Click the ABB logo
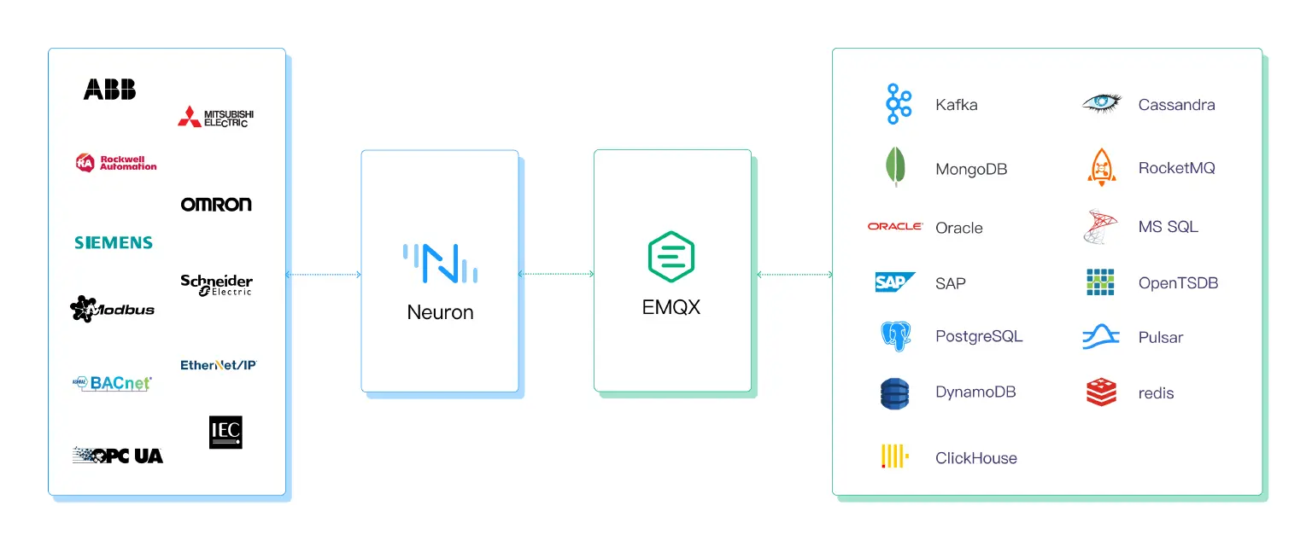tap(109, 89)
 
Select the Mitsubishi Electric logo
tap(215, 117)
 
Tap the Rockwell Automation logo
tap(116, 162)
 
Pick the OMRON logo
tap(216, 204)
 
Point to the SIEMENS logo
tap(114, 242)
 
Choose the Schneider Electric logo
tap(216, 284)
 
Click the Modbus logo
tap(112, 308)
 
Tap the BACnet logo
tap(112, 383)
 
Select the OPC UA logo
tap(118, 456)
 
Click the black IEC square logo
tap(225, 432)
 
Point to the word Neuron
tap(440, 312)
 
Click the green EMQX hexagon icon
tap(671, 256)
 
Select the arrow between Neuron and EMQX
tap(556, 274)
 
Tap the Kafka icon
tap(898, 105)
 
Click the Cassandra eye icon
tap(1101, 103)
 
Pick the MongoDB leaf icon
tap(895, 167)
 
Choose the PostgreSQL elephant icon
tap(895, 336)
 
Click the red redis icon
tap(1101, 392)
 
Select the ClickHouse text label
tap(975, 458)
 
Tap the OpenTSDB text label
tap(1178, 283)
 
